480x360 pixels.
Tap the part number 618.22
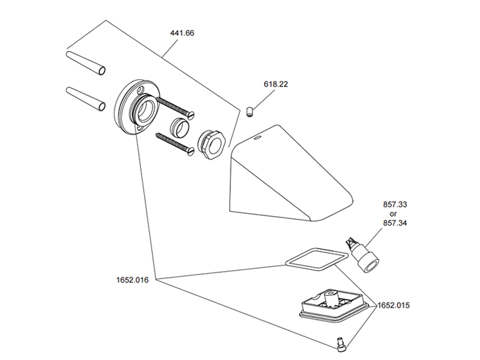coord(275,85)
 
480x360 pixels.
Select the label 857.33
coord(395,205)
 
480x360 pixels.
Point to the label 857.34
coord(395,224)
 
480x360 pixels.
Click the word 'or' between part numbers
coord(394,214)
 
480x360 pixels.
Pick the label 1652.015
coord(394,305)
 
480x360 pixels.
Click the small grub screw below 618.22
coord(249,111)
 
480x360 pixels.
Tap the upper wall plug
coord(85,62)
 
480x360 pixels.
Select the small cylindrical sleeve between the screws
coord(181,127)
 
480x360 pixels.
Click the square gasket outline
coord(316,260)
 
